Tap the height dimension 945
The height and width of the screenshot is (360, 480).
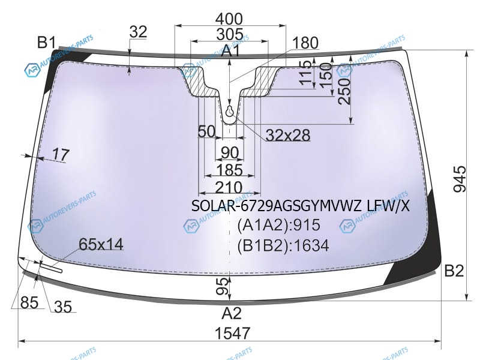[459, 179]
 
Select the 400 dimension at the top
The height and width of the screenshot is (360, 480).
[229, 19]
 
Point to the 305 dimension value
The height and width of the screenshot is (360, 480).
[230, 34]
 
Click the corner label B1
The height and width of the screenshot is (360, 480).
[47, 42]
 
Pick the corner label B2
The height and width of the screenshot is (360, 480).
[454, 271]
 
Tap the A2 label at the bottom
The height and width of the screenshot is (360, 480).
[232, 313]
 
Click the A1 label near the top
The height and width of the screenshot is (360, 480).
[230, 50]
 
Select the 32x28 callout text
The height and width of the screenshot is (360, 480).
[288, 135]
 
